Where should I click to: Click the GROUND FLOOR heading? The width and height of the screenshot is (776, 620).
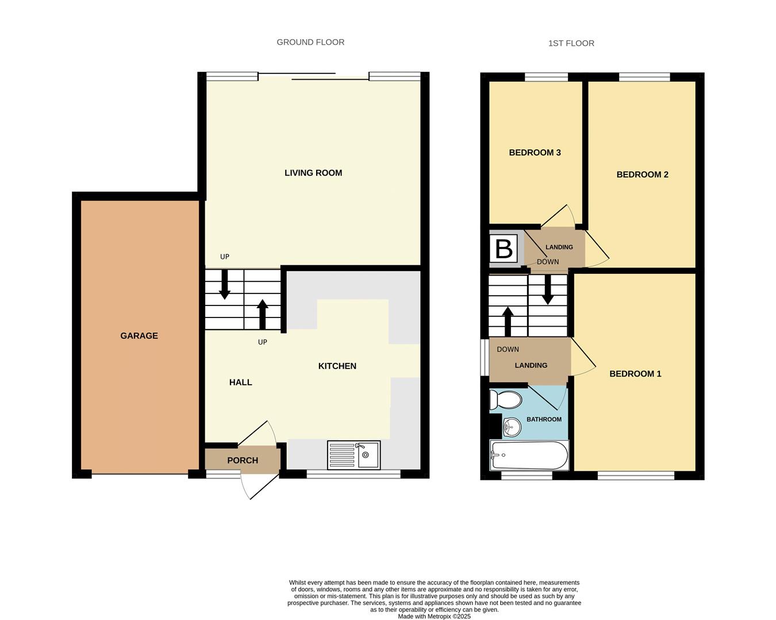point(310,42)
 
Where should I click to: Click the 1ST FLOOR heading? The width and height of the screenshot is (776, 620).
point(571,43)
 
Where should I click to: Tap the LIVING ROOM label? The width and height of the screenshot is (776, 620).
point(313,173)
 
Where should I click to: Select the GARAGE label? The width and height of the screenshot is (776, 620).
point(139,336)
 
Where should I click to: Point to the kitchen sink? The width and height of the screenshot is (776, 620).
point(354,455)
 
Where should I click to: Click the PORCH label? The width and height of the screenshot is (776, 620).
point(243,460)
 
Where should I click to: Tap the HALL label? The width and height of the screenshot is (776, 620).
point(240,382)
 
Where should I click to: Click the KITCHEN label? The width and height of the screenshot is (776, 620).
point(337,366)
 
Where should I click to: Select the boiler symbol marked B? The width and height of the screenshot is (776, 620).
point(504,249)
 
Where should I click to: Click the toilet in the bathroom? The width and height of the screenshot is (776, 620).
point(504,400)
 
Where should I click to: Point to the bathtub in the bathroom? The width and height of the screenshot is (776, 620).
point(529,455)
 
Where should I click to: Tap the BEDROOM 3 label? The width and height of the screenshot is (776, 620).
point(535,153)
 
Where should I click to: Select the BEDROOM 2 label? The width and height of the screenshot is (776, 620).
point(642,175)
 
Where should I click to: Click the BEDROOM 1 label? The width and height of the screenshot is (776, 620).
point(635,374)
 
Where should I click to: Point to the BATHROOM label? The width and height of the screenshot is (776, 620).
point(544,419)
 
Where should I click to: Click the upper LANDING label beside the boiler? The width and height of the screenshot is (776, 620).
point(559,247)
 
